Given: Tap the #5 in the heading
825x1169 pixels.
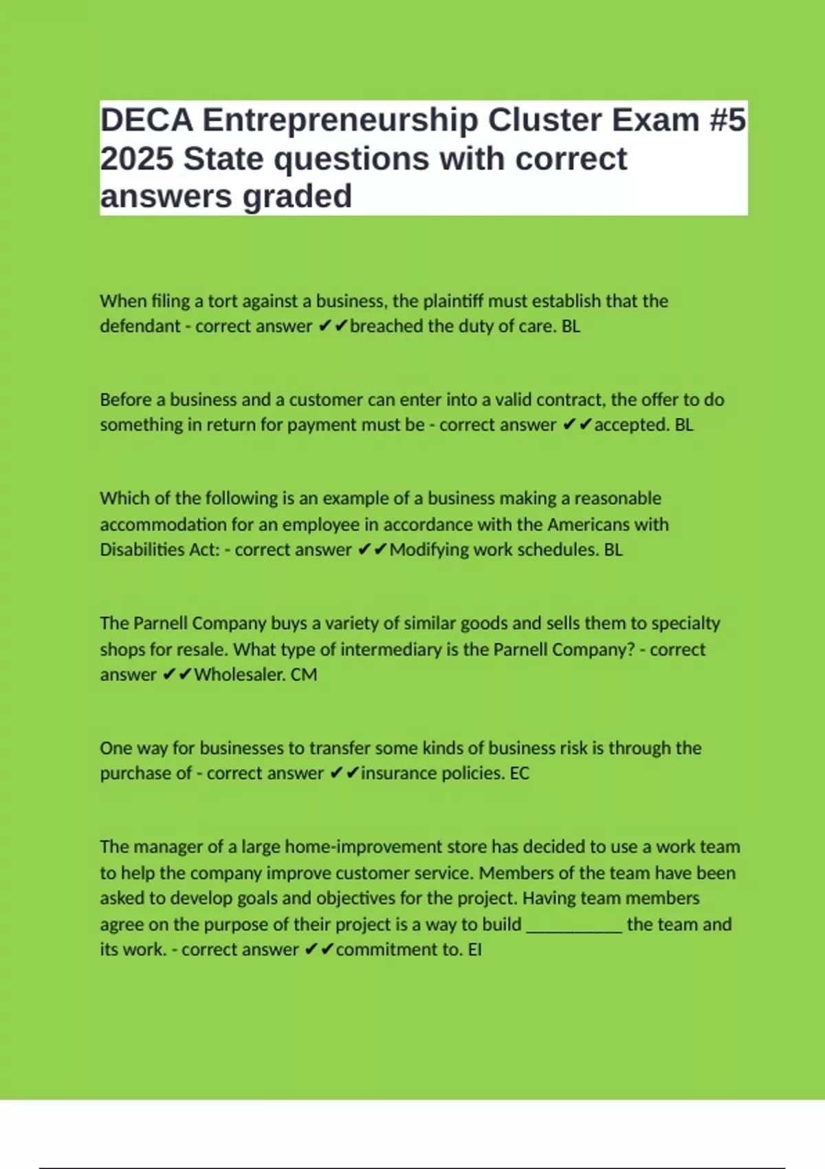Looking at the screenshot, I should [x=727, y=120].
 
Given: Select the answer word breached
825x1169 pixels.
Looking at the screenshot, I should [x=386, y=326].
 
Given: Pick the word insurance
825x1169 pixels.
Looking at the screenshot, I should [x=398, y=774].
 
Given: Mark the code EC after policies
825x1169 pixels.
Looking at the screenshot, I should [x=520, y=774].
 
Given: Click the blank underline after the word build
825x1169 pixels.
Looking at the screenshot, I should [x=574, y=926].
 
